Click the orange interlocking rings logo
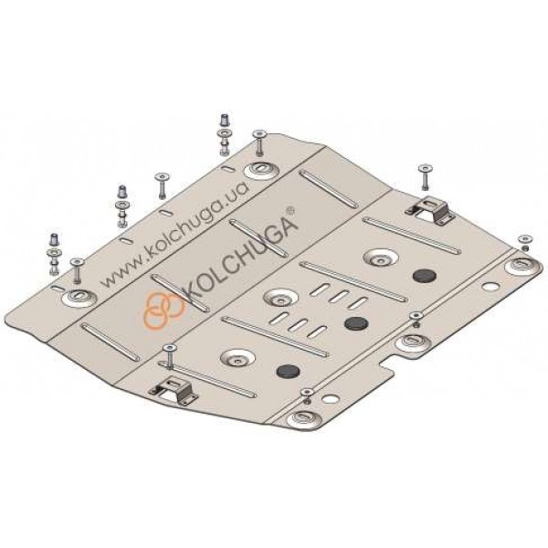[163, 310]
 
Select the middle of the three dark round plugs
[356, 323]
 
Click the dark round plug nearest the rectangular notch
[289, 371]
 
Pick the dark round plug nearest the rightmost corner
[425, 276]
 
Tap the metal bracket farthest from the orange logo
[430, 210]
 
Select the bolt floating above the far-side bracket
[425, 177]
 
